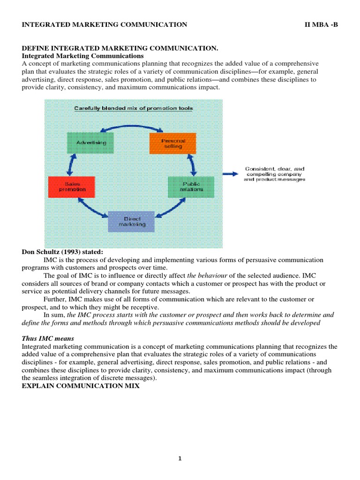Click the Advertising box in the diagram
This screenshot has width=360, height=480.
[93, 142]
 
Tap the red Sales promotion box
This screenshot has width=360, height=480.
[71, 187]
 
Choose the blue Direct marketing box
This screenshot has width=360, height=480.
[130, 222]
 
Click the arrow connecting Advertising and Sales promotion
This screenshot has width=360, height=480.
[71, 164]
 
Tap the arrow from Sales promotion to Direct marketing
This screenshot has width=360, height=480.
[91, 208]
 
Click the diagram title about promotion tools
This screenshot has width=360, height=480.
[134, 108]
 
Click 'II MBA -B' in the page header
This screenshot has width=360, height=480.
[321, 24]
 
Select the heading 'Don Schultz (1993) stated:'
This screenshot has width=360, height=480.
[62, 252]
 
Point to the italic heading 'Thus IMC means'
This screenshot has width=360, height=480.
[48, 339]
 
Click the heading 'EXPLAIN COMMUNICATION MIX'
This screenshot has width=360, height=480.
[81, 386]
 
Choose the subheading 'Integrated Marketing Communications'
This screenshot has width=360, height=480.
[82, 56]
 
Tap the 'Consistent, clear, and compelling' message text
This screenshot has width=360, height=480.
[275, 173]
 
